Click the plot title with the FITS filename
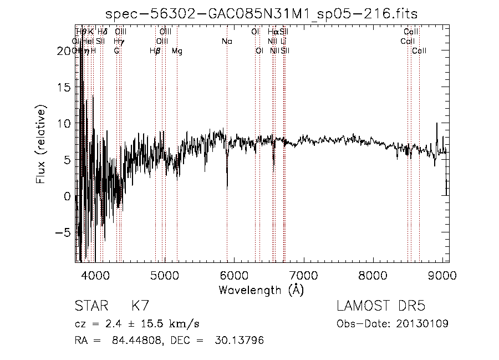point(261,14)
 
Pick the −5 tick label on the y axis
point(63,233)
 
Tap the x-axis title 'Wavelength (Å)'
point(261,290)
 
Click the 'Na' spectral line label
point(227,42)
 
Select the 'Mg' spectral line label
point(177,51)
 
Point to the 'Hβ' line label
point(155,51)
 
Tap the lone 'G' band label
point(116,51)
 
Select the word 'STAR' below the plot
point(90,306)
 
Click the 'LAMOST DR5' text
point(381,306)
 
